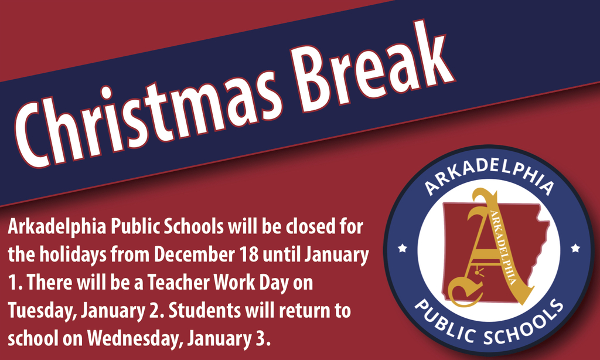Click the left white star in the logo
tap(402, 248)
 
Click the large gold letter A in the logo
tap(480, 246)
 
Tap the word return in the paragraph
tap(310, 311)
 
